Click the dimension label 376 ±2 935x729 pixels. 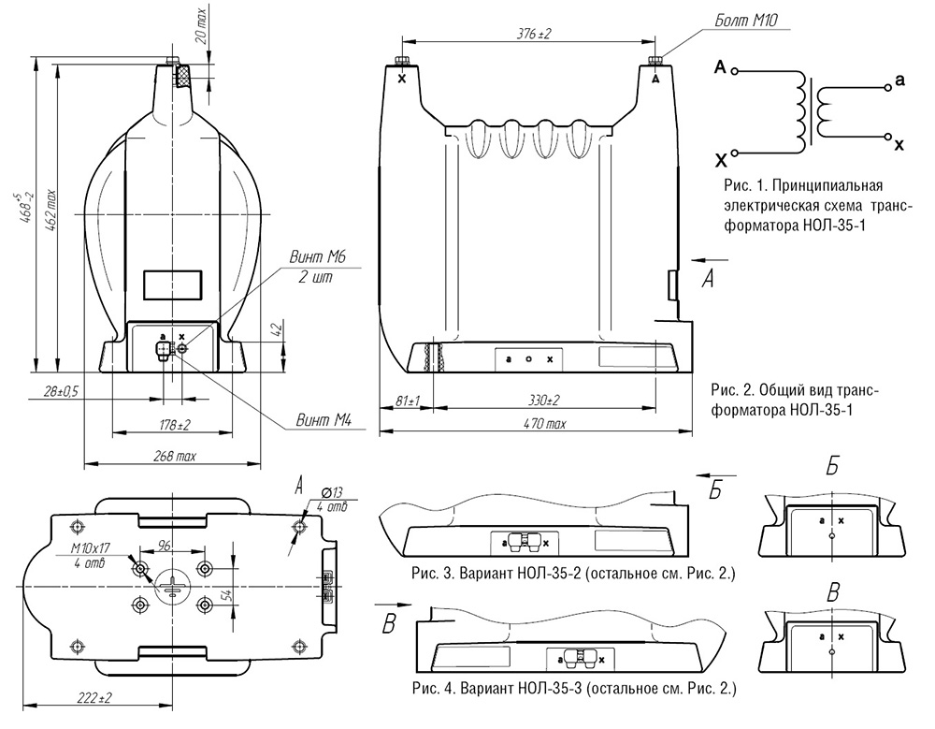pos(534,34)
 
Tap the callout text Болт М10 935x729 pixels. pos(746,21)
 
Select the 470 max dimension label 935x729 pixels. pos(544,423)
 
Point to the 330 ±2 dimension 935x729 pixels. pos(544,400)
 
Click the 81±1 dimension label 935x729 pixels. pos(408,400)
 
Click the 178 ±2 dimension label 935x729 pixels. pos(174,425)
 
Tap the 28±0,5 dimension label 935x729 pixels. pos(60,392)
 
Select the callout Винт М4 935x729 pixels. pos(324,420)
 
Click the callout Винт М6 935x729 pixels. pos(317,257)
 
